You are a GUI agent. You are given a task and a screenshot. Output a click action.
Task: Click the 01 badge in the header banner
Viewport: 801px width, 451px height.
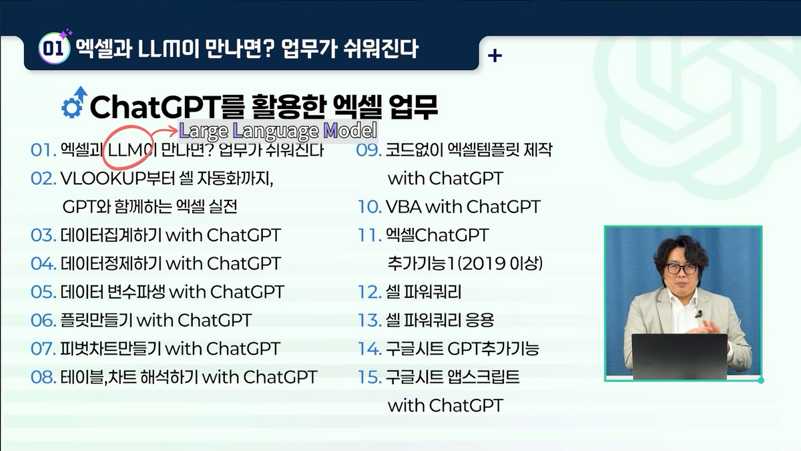[x=53, y=49]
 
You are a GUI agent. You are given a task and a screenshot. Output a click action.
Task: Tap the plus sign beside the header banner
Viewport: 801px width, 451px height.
[x=495, y=55]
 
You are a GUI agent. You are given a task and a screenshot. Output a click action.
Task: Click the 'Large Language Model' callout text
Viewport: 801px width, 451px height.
[x=278, y=130]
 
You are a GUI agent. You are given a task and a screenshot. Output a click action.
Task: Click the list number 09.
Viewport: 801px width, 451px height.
[x=369, y=150]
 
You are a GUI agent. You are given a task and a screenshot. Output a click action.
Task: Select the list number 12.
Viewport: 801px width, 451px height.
[x=369, y=292]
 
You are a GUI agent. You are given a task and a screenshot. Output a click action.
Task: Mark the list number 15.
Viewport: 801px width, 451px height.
[x=369, y=377]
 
